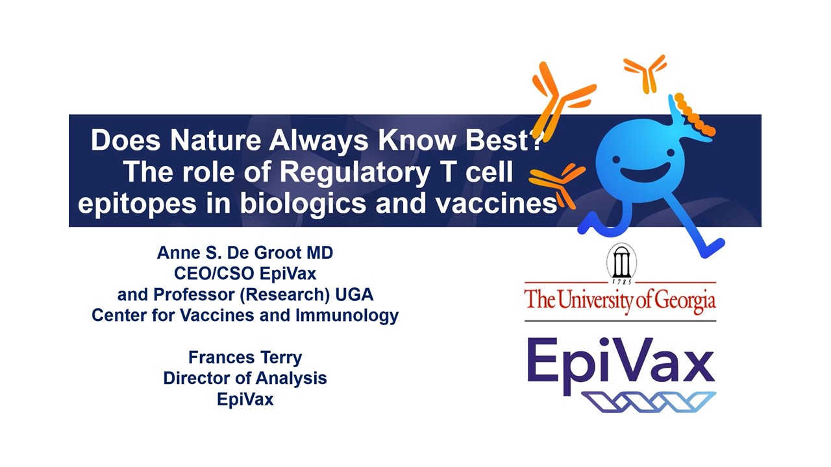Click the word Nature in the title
[216, 141]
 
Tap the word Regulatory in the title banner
[355, 173]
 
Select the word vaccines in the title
[497, 204]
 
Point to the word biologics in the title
[303, 204]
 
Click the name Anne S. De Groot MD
[245, 253]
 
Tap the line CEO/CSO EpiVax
[245, 274]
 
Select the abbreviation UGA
[354, 294]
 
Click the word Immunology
[347, 316]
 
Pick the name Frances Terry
[245, 357]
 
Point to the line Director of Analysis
[245, 378]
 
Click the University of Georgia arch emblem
[621, 261]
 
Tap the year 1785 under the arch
[622, 282]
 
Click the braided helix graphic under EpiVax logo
[649, 401]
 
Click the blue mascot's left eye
[616, 160]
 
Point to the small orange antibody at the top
[645, 74]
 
